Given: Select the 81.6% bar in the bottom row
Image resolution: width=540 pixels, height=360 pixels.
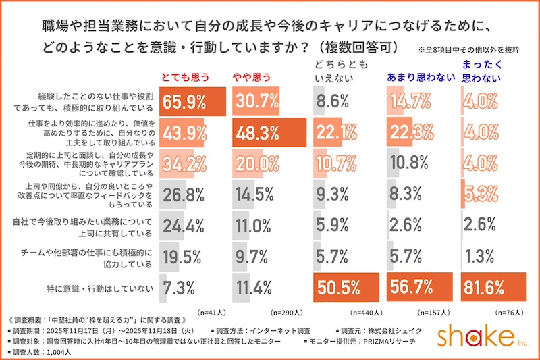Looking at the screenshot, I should (493, 286).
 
